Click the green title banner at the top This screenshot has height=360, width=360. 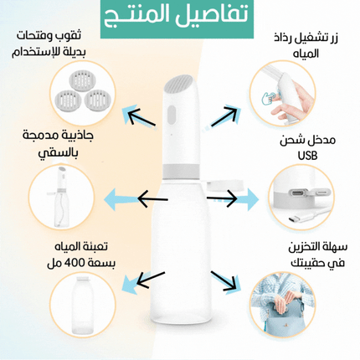point(177,18)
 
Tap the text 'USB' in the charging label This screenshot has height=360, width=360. point(307,156)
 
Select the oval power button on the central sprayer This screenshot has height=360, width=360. point(172,116)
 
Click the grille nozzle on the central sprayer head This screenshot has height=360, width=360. point(179,83)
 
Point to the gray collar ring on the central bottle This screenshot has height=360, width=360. point(181,171)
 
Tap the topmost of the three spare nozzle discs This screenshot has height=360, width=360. point(82,80)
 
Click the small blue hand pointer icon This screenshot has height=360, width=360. point(269,97)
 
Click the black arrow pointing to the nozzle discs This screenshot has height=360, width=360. point(141,116)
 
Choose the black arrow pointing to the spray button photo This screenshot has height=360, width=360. point(224,116)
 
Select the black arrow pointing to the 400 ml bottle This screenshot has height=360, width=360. point(151,280)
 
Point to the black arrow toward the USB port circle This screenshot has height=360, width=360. point(222,198)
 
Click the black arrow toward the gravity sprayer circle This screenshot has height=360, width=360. point(153,198)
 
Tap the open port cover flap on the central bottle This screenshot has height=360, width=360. point(225,185)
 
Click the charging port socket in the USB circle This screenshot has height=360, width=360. point(299,193)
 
